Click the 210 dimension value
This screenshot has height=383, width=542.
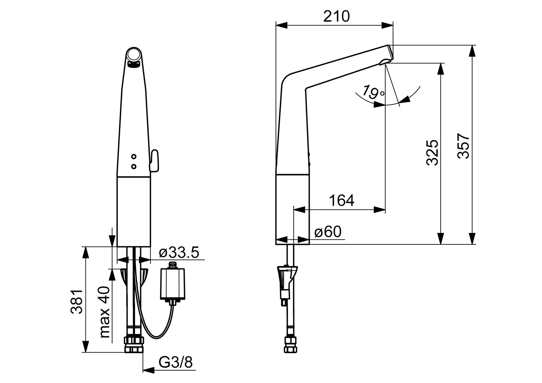(x=336, y=16)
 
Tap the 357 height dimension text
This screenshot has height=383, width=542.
(x=463, y=146)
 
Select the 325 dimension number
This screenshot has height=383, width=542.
(x=432, y=152)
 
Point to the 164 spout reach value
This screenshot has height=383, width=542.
(x=342, y=200)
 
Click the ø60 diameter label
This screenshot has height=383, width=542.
(x=328, y=232)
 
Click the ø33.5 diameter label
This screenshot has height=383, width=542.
(x=179, y=252)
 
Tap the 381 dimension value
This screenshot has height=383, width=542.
(x=77, y=301)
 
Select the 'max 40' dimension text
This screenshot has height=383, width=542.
(x=105, y=312)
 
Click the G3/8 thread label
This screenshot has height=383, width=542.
(x=176, y=362)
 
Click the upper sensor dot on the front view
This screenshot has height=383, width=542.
(x=134, y=156)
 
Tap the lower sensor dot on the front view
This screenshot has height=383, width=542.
(x=134, y=166)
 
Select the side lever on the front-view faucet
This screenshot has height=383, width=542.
(x=154, y=161)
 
